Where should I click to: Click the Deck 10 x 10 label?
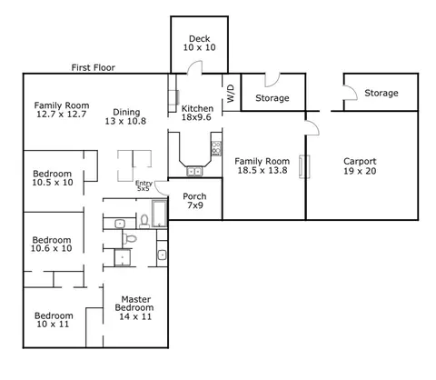(199, 43)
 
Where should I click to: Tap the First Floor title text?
(94, 67)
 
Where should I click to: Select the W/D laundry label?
(231, 94)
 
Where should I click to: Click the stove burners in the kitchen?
(216, 148)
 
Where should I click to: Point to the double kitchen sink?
(194, 172)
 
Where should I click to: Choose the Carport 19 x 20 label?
(360, 166)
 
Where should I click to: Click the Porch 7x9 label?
(194, 201)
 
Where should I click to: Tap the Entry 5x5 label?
(144, 185)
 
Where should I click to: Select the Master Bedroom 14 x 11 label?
(134, 308)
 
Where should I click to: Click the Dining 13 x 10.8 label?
(125, 116)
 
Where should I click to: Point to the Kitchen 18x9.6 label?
(197, 113)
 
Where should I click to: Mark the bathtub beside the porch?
(159, 214)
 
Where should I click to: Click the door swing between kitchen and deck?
(194, 67)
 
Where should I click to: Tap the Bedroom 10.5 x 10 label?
(53, 178)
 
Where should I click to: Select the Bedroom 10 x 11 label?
(54, 320)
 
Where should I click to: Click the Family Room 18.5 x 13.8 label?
(263, 165)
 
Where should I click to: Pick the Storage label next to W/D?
(272, 98)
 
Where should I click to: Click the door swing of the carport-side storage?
(351, 93)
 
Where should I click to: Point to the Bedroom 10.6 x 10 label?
(52, 244)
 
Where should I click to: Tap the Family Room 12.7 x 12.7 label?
(62, 110)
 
